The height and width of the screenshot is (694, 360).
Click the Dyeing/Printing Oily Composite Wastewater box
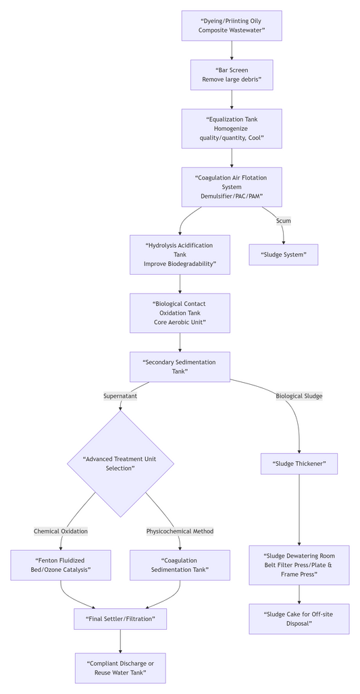(x=232, y=26)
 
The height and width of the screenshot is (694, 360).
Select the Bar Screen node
(x=232, y=75)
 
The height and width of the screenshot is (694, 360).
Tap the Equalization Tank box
(x=232, y=128)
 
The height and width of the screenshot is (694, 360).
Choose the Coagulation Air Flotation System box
(x=232, y=187)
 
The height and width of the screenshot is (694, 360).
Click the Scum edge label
(x=283, y=221)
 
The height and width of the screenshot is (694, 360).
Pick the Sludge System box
(x=283, y=255)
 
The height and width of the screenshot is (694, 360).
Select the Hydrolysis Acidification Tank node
(x=180, y=255)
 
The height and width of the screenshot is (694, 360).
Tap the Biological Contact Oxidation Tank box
(x=180, y=313)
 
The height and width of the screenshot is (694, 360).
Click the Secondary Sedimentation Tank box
(x=180, y=367)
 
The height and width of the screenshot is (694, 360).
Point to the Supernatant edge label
(x=120, y=396)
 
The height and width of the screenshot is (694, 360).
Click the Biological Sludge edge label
(x=299, y=396)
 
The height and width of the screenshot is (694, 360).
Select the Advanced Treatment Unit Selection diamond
(x=120, y=464)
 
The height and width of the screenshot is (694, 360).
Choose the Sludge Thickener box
(x=299, y=464)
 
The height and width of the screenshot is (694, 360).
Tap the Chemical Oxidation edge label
(x=61, y=531)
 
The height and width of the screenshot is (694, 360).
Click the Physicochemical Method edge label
(x=180, y=531)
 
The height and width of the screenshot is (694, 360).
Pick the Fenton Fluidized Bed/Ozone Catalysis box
(x=61, y=565)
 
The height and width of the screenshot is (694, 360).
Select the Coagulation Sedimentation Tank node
(x=180, y=565)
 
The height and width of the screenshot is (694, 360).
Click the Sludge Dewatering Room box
(x=299, y=565)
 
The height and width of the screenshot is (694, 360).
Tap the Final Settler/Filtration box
(x=120, y=618)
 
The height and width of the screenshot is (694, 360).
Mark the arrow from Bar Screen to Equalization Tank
(x=232, y=99)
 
